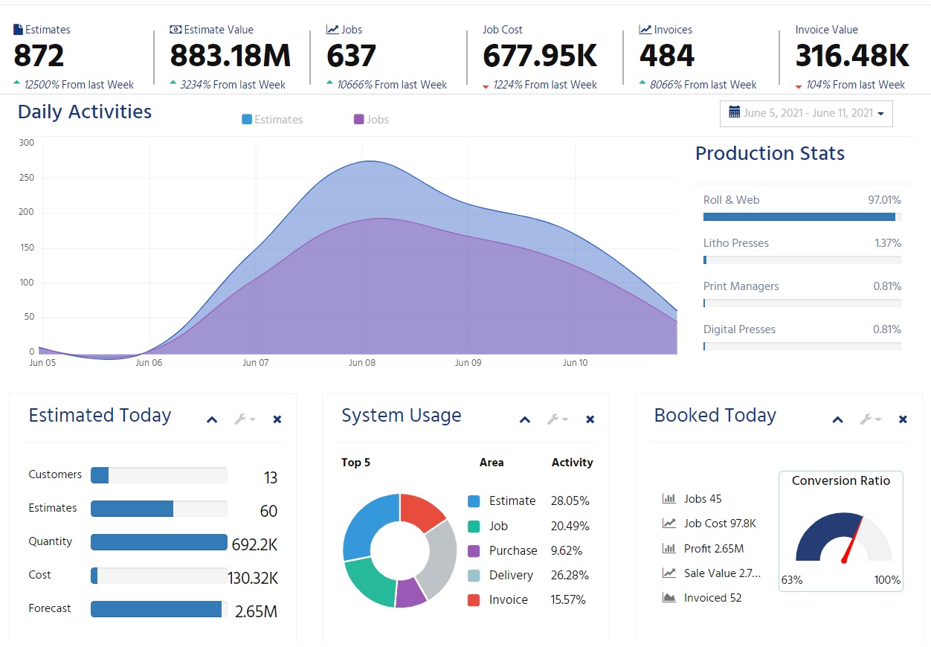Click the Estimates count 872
point(39,57)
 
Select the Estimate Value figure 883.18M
point(231,57)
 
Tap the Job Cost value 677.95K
point(540,57)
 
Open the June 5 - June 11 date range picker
point(806,113)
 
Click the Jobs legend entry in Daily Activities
point(372,120)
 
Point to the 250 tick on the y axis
point(27,178)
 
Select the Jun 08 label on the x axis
point(362,363)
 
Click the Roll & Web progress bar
point(800,217)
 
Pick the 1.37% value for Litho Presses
point(887,243)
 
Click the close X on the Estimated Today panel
point(277,419)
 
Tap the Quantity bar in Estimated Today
point(158,542)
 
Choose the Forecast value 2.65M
point(256,612)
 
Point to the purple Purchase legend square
point(474,551)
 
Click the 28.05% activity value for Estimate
point(570,501)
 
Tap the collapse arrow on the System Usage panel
point(525,419)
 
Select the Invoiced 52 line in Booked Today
point(712,598)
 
